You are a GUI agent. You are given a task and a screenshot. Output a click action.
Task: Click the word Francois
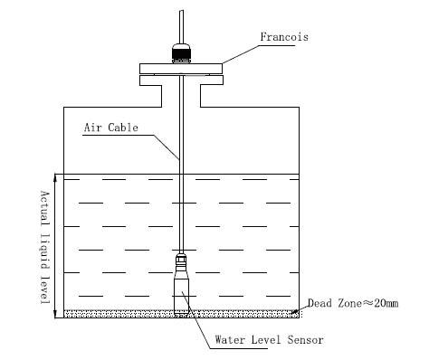pyautogui.click(x=284, y=38)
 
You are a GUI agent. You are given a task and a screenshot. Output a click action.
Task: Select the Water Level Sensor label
pyautogui.click(x=269, y=340)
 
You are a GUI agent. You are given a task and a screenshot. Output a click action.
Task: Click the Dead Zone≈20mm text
pyautogui.click(x=352, y=303)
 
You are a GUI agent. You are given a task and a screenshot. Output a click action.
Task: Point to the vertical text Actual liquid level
pyautogui.click(x=43, y=246)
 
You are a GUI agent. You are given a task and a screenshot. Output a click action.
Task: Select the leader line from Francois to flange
pyautogui.click(x=240, y=52)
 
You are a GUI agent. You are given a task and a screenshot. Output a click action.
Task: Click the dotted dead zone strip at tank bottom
pyautogui.click(x=109, y=313)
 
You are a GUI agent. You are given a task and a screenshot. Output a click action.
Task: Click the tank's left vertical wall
pyautogui.click(x=62, y=208)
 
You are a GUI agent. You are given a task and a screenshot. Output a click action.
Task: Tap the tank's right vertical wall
pyautogui.click(x=300, y=208)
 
